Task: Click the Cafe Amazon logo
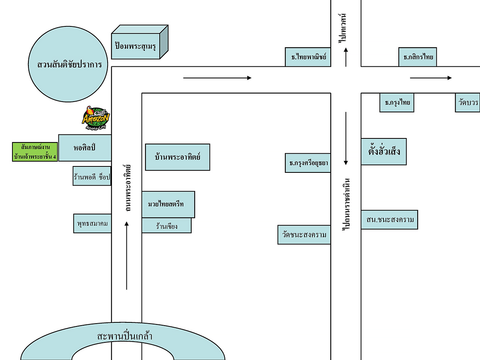pos(96,118)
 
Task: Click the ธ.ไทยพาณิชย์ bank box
pos(308,57)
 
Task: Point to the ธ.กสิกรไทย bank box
pos(418,57)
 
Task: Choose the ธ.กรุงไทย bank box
pos(397,103)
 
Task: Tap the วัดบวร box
pos(468,103)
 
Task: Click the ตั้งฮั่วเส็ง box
pos(384,152)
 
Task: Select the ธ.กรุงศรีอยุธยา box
pos(308,163)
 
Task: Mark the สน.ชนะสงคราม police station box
pos(390,220)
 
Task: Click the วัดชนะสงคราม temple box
pos(304,234)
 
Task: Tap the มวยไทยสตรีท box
pos(168,204)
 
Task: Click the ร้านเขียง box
pos(166,226)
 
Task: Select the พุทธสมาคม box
pos(92,224)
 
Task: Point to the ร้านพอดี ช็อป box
pos(92,176)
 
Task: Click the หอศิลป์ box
pos(85,148)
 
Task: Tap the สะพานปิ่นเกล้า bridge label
pos(124,336)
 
